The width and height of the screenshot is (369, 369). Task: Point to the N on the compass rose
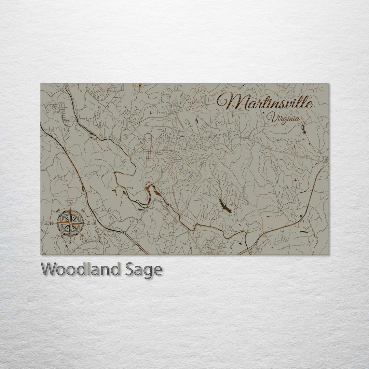coord(71,204)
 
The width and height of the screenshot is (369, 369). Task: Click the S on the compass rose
coord(70,242)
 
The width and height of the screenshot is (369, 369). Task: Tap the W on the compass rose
coord(52,223)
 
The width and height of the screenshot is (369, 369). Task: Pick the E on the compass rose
coord(88,223)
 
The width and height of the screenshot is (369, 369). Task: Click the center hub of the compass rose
coord(70,223)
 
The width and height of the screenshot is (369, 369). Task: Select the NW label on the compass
coord(58,210)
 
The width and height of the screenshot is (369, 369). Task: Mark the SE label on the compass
coord(83,236)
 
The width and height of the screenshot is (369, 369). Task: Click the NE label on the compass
coord(83,210)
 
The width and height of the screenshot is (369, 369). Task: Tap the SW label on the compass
coord(58,236)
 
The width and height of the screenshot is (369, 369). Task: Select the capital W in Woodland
coord(49,269)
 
